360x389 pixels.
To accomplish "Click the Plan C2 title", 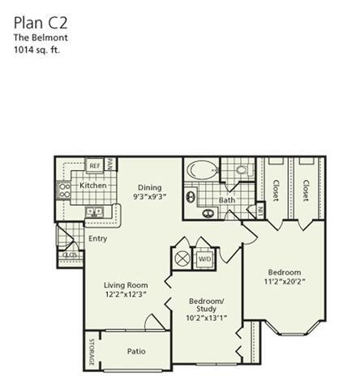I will click(x=38, y=19).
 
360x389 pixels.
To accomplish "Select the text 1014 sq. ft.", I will click(x=37, y=50).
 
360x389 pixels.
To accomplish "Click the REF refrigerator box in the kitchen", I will click(x=95, y=165).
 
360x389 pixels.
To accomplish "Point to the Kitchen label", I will click(x=92, y=186).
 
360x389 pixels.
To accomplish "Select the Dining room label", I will click(x=149, y=186).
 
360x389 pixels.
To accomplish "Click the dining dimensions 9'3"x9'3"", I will click(x=149, y=196).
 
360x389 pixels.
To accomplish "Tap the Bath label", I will click(x=226, y=199).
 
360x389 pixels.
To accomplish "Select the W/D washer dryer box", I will click(x=204, y=260).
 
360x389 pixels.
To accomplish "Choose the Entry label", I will click(x=98, y=238).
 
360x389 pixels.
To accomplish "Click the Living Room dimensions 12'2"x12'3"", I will click(x=125, y=295).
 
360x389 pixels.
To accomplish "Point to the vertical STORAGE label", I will click(x=91, y=352).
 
